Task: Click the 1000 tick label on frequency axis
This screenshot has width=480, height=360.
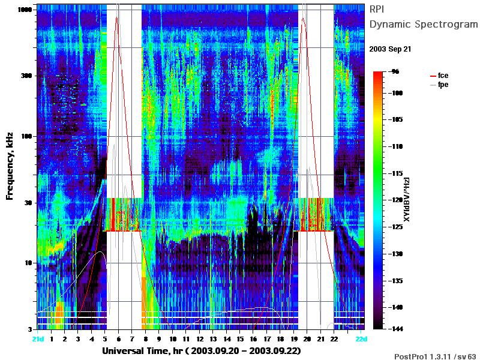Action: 25,10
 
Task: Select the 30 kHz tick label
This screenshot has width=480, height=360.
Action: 28,203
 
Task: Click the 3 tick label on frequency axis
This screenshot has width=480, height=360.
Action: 30,329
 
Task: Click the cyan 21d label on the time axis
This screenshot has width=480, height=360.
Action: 38,339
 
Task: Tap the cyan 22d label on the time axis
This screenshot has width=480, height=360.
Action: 361,339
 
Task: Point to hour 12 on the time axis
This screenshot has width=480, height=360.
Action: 200,339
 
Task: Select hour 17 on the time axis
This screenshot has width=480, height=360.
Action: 267,339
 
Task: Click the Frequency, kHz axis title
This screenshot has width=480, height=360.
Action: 10,166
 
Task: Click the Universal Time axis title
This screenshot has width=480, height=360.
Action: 202,350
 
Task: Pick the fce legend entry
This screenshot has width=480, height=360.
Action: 439,76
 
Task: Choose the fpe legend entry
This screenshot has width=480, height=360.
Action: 439,85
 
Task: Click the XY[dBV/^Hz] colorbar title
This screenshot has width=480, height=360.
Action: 407,199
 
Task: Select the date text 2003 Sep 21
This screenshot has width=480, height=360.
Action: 390,49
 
